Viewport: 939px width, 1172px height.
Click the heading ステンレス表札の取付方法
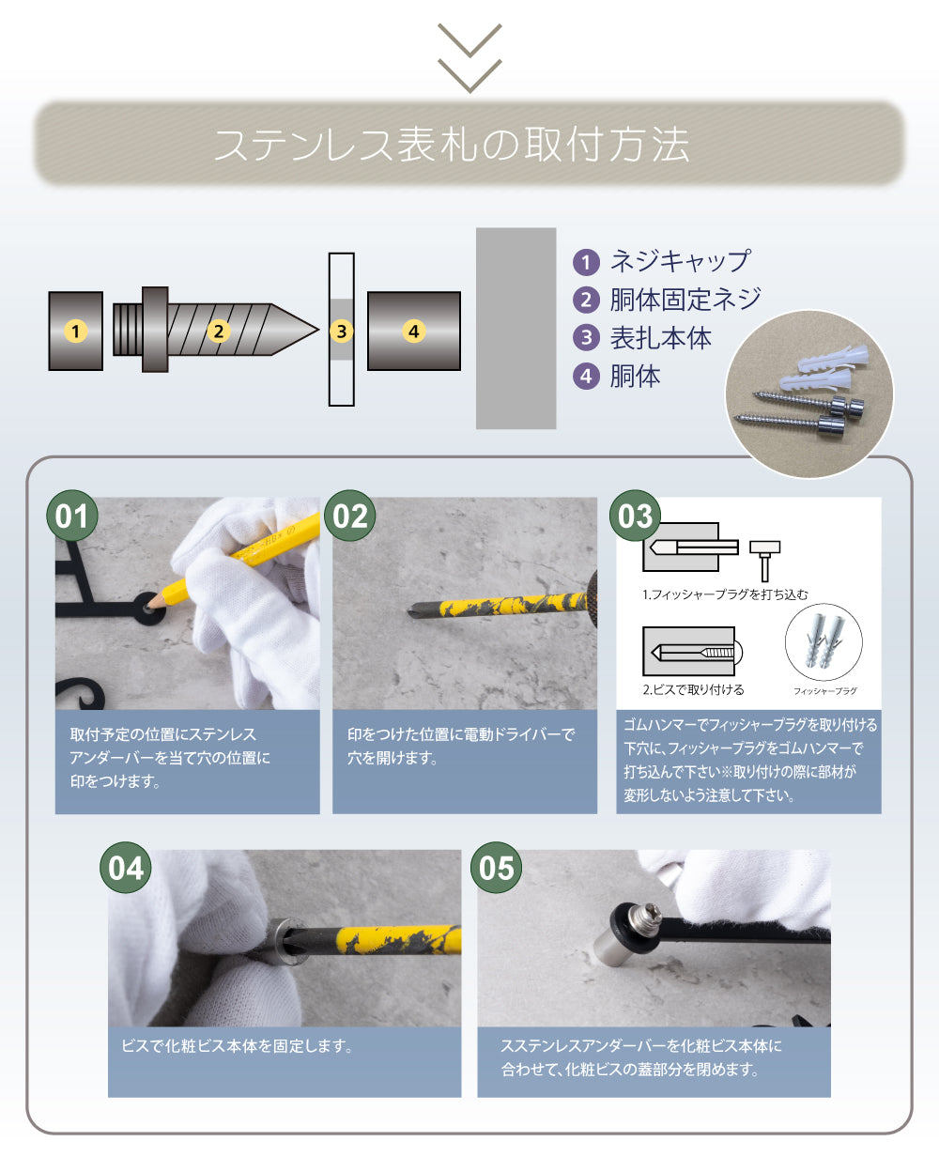click(x=452, y=145)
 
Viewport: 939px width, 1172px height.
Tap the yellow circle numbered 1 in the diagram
click(x=76, y=331)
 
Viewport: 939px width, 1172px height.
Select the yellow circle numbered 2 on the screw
click(x=219, y=331)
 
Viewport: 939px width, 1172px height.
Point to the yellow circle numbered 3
click(x=342, y=331)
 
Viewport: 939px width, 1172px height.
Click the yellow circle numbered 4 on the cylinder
click(x=413, y=331)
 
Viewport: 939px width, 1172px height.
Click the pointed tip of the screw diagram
click(x=315, y=330)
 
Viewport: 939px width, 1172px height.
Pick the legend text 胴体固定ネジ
click(x=685, y=300)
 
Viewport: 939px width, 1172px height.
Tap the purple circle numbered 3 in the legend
click(x=587, y=338)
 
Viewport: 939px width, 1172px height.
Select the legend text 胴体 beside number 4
click(x=636, y=377)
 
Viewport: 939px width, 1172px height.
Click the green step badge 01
click(x=72, y=517)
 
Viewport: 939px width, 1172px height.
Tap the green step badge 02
click(x=350, y=517)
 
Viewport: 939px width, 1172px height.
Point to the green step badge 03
click(x=636, y=517)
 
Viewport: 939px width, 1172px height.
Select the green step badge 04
click(x=126, y=869)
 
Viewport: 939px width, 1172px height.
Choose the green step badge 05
click(x=497, y=869)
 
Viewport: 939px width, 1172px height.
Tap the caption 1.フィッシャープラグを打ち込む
click(x=725, y=594)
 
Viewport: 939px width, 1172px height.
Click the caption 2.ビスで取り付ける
click(x=693, y=689)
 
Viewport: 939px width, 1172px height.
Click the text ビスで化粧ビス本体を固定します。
click(x=237, y=1046)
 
